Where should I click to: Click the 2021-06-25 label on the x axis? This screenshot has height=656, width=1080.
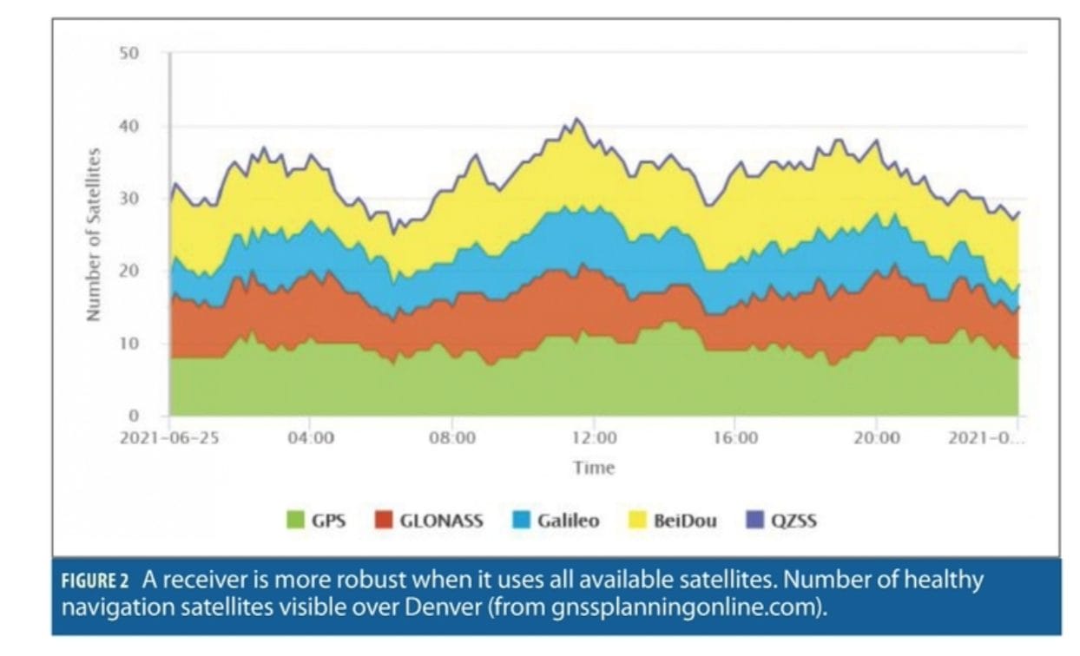coord(169,437)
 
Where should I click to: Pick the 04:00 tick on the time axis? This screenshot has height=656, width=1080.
coord(311,437)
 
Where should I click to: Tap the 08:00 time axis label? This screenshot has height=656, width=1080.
coord(452,437)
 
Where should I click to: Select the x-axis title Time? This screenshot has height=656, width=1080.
coord(594,468)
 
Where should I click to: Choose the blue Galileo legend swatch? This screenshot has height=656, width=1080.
coord(523,521)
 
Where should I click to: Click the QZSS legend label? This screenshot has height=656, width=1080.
coord(794,521)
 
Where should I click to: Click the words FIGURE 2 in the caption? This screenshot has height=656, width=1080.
coord(98,581)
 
